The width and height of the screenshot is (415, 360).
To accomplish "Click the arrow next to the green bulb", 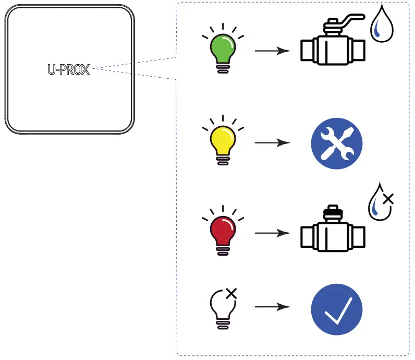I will click(272, 51).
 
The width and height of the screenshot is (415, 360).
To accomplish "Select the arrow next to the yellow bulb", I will click(272, 142).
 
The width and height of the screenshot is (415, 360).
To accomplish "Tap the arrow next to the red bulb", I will click(272, 233).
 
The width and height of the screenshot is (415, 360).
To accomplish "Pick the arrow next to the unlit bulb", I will click(272, 307).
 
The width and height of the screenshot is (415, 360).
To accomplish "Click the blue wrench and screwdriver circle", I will click(336, 143).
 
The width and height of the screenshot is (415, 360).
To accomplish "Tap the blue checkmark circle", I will click(336, 309).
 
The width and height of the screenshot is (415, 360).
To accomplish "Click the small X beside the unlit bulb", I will click(231, 293).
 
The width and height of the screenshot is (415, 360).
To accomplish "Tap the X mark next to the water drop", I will click(388, 198).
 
